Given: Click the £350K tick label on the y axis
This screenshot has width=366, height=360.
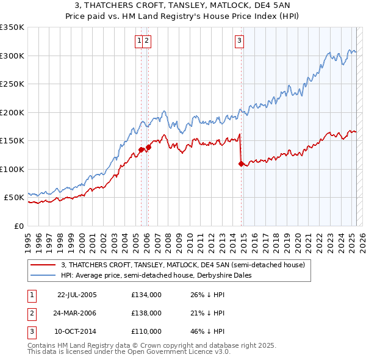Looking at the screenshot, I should pyautogui.click(x=12, y=27).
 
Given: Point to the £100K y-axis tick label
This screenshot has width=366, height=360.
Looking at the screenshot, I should pyautogui.click(x=12, y=169).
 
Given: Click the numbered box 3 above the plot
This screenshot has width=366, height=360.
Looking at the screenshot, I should pyautogui.click(x=239, y=41).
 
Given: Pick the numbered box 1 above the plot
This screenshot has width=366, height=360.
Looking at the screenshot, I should pyautogui.click(x=140, y=41).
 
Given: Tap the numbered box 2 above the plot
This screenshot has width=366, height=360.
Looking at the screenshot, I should pyautogui.click(x=148, y=41).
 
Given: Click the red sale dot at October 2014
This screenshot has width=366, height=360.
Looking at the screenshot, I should pyautogui.click(x=241, y=164).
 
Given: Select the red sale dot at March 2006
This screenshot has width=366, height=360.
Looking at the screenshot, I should pyautogui.click(x=148, y=147).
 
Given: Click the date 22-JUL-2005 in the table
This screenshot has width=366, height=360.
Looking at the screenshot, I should pyautogui.click(x=77, y=295).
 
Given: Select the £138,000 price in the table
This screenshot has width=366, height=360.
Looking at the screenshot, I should pyautogui.click(x=146, y=313).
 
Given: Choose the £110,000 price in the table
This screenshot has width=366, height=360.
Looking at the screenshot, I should pyautogui.click(x=146, y=331).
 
